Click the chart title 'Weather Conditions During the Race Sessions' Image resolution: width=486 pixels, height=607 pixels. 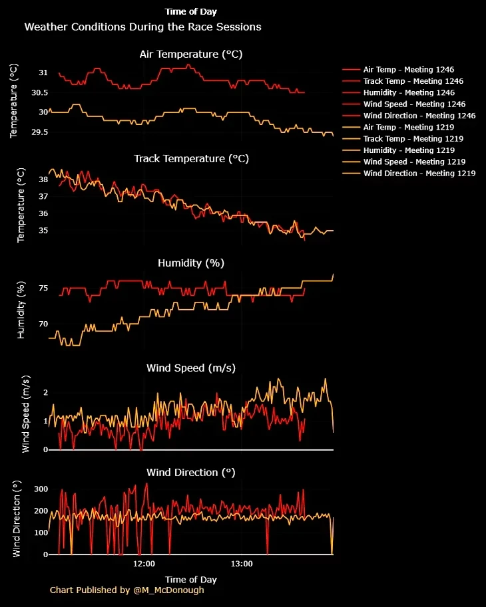142,27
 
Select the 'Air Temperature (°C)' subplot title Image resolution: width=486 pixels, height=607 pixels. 191,55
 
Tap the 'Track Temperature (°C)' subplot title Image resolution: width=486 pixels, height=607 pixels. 191,159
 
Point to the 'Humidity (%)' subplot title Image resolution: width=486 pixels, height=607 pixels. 191,263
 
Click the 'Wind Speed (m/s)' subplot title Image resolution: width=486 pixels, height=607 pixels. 191,368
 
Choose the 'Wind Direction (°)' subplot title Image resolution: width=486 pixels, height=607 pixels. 191,472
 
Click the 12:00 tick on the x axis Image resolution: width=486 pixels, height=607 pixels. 144,564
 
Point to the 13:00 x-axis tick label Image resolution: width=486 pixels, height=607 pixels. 242,564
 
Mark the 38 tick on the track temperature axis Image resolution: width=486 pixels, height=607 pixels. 43,180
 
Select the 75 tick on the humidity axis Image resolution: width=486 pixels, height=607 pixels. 43,288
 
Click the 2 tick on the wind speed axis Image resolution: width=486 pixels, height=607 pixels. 45,392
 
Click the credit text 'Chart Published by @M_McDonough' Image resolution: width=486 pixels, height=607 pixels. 127,590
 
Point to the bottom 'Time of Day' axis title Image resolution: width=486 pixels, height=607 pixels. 191,579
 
